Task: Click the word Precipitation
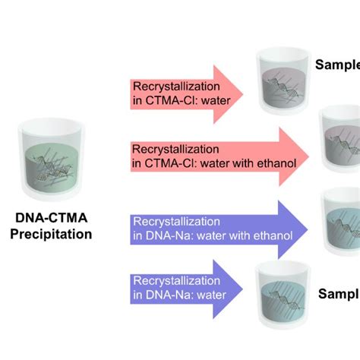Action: [51, 234]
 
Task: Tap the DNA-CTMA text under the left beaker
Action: [51, 219]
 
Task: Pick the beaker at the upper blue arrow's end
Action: [340, 216]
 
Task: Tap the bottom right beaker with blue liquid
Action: [283, 296]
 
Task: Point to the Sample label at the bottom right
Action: [339, 294]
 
